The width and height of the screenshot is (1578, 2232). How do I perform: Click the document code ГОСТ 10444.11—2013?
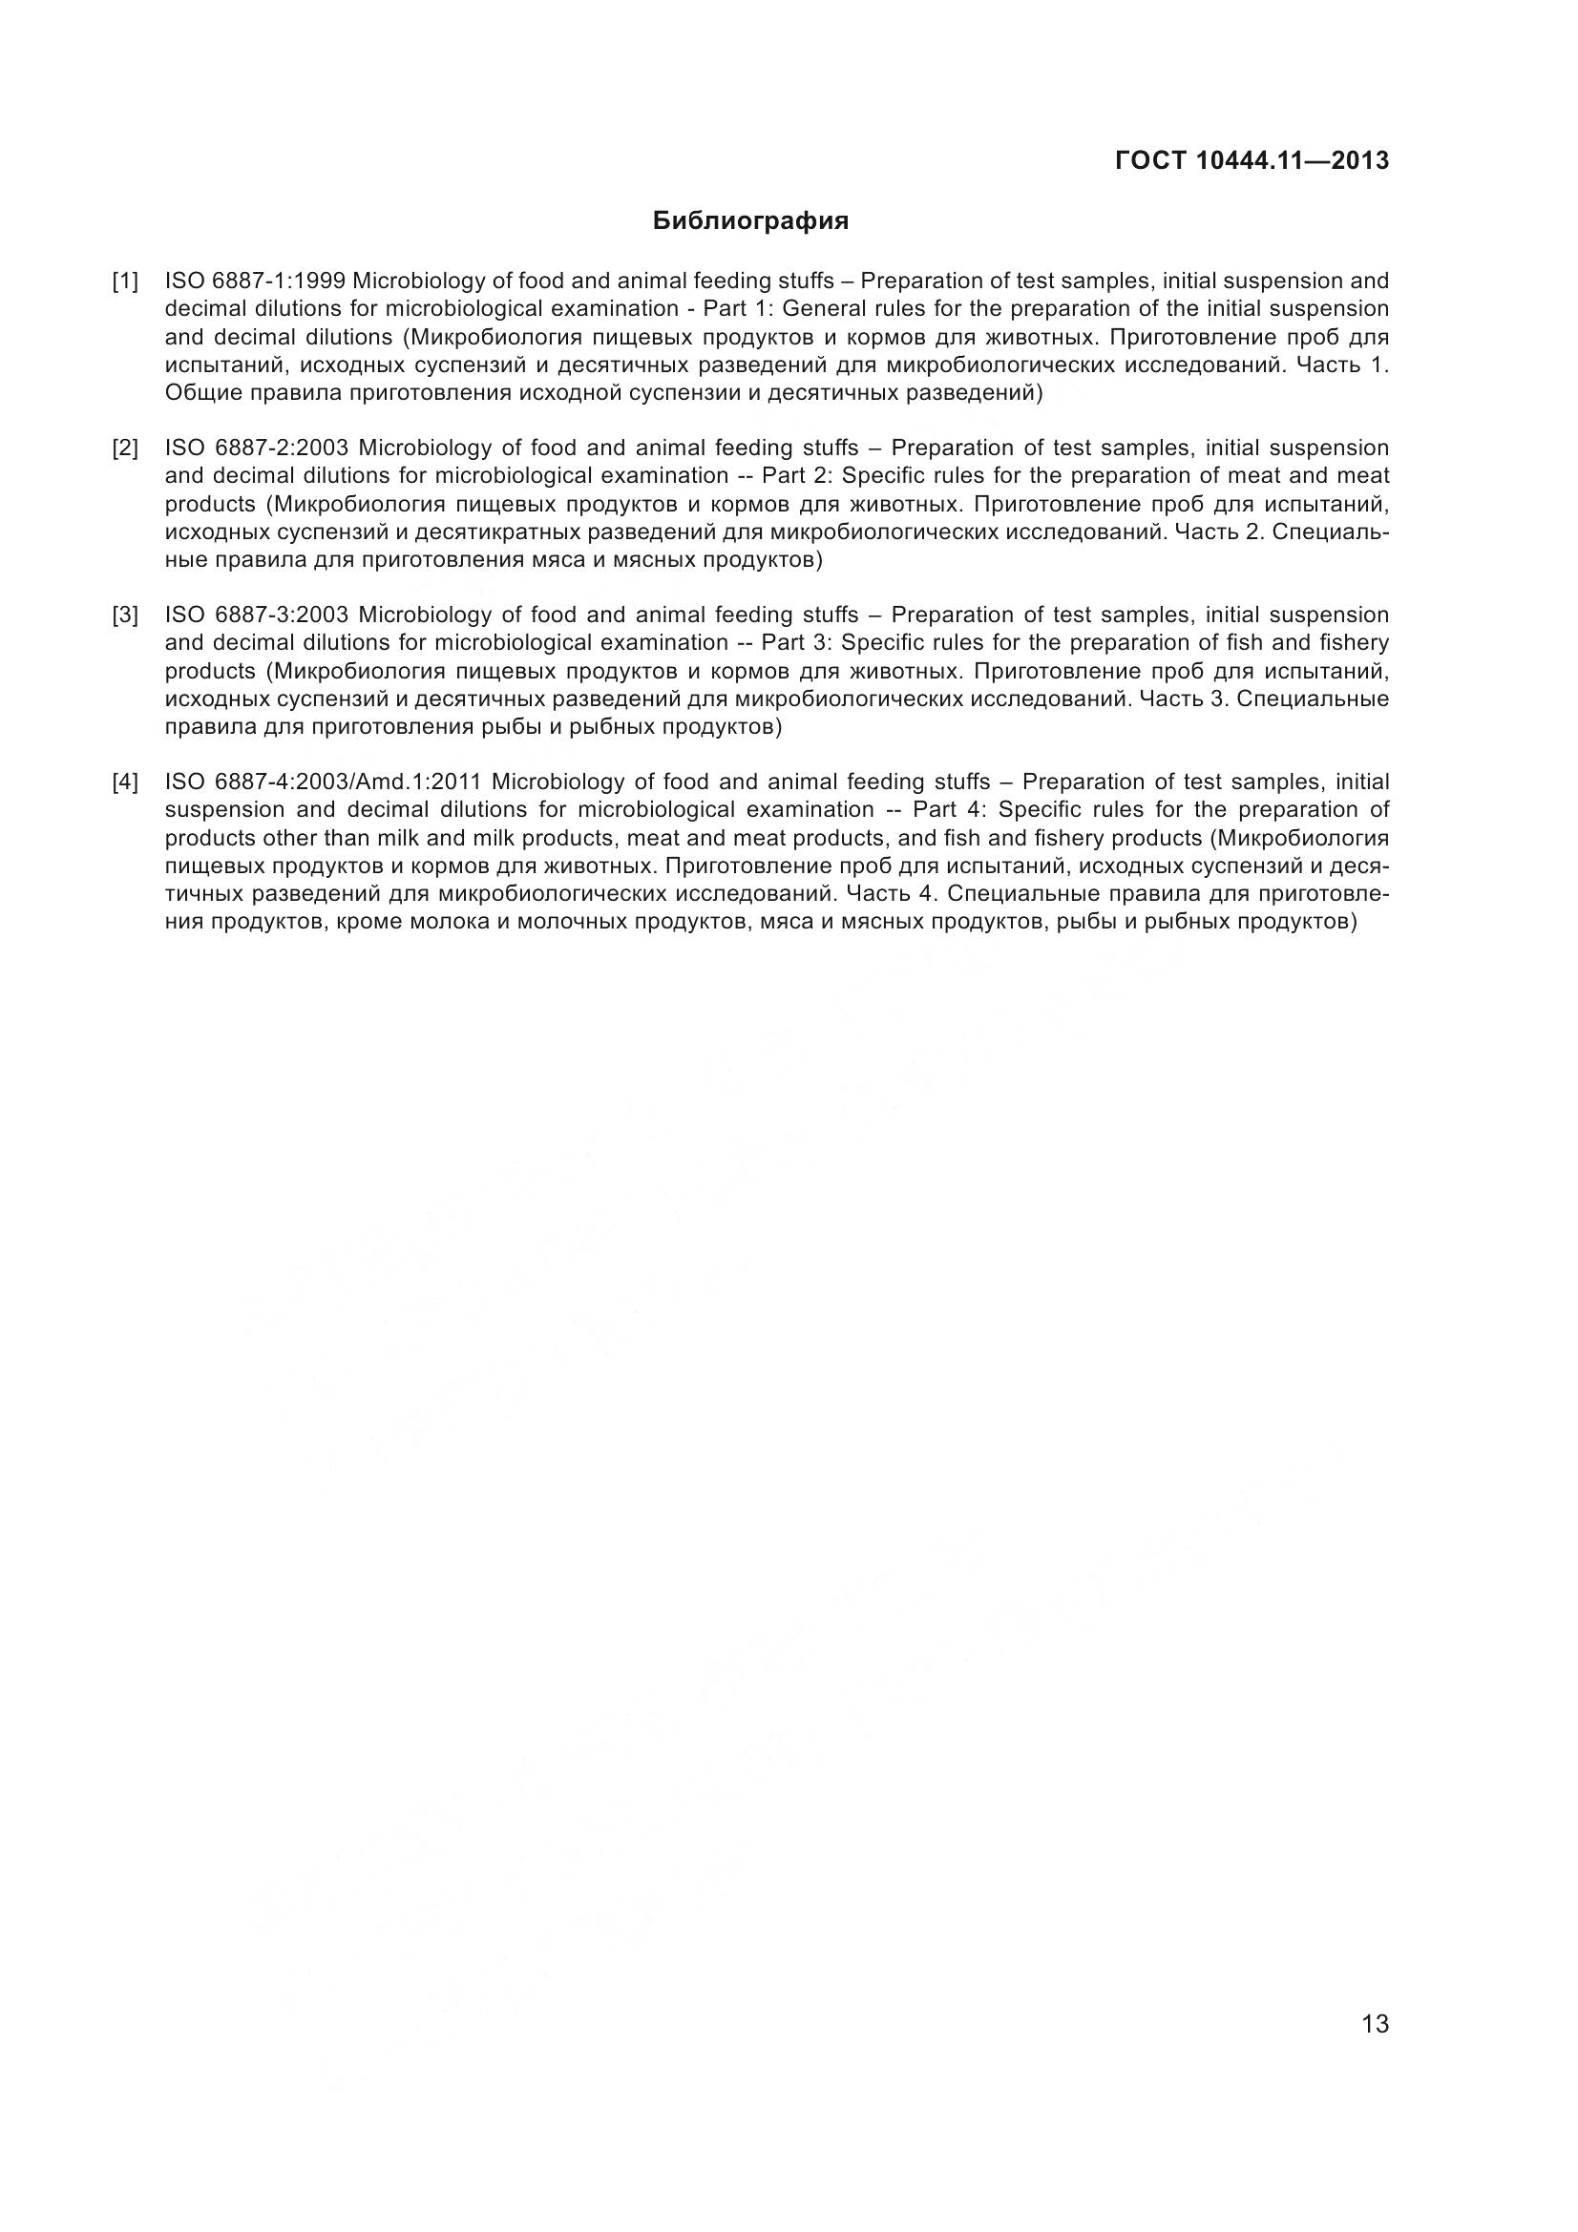(x=1252, y=160)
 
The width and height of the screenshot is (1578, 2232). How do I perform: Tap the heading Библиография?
(x=750, y=221)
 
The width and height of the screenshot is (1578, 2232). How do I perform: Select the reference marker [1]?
(x=124, y=282)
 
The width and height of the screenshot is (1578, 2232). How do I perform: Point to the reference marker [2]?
(x=124, y=448)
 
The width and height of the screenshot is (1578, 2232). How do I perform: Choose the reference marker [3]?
(x=124, y=615)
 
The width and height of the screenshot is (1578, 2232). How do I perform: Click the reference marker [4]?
(x=124, y=782)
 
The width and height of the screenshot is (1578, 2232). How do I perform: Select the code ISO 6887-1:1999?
(x=255, y=282)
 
